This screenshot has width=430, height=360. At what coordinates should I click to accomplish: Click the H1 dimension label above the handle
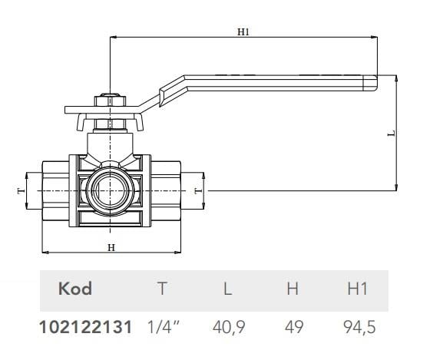pyautogui.click(x=244, y=31)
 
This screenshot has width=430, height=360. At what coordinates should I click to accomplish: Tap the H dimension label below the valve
pyautogui.click(x=111, y=246)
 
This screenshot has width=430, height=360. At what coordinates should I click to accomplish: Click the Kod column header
pyautogui.click(x=75, y=289)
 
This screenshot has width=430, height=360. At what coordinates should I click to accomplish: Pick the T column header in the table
pyautogui.click(x=161, y=289)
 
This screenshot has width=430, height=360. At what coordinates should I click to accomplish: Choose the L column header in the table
pyautogui.click(x=227, y=289)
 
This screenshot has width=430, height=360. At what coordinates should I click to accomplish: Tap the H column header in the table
pyautogui.click(x=293, y=289)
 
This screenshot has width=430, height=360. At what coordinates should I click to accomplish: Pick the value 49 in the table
pyautogui.click(x=293, y=326)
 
